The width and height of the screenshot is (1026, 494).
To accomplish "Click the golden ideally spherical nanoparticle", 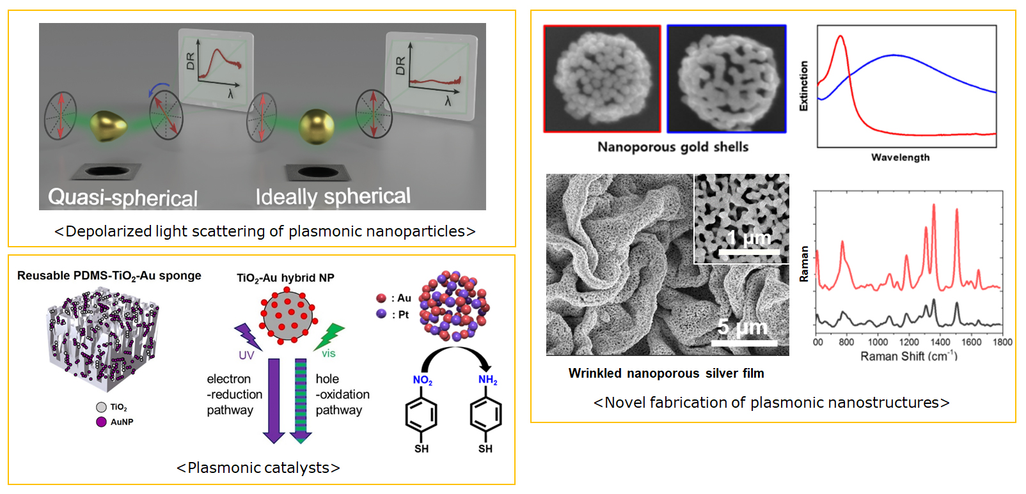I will (x=317, y=126).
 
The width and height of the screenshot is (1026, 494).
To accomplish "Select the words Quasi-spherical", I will (x=123, y=197).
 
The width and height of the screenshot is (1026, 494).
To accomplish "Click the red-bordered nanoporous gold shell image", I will (x=602, y=79).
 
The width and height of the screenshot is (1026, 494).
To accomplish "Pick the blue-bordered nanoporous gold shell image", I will (x=726, y=79).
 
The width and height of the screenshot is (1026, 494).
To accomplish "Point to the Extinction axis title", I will (x=804, y=86).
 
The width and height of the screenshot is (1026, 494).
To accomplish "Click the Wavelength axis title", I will (x=900, y=157).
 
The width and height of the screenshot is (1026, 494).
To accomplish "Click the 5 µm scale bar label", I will (x=742, y=327).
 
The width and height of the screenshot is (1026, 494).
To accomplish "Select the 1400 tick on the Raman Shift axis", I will (x=939, y=342).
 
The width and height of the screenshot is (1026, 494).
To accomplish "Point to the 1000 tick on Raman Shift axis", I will (x=878, y=342).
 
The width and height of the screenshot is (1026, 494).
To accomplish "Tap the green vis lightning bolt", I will (x=330, y=336).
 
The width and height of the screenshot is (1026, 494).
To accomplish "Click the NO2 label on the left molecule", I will (x=422, y=380).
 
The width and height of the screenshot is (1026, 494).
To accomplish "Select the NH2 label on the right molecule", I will (x=487, y=380).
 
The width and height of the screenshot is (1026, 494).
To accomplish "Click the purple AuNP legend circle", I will (x=101, y=422).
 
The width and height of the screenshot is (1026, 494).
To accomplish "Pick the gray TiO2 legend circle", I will (x=101, y=407).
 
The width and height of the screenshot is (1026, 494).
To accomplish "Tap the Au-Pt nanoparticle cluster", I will (x=454, y=305).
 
